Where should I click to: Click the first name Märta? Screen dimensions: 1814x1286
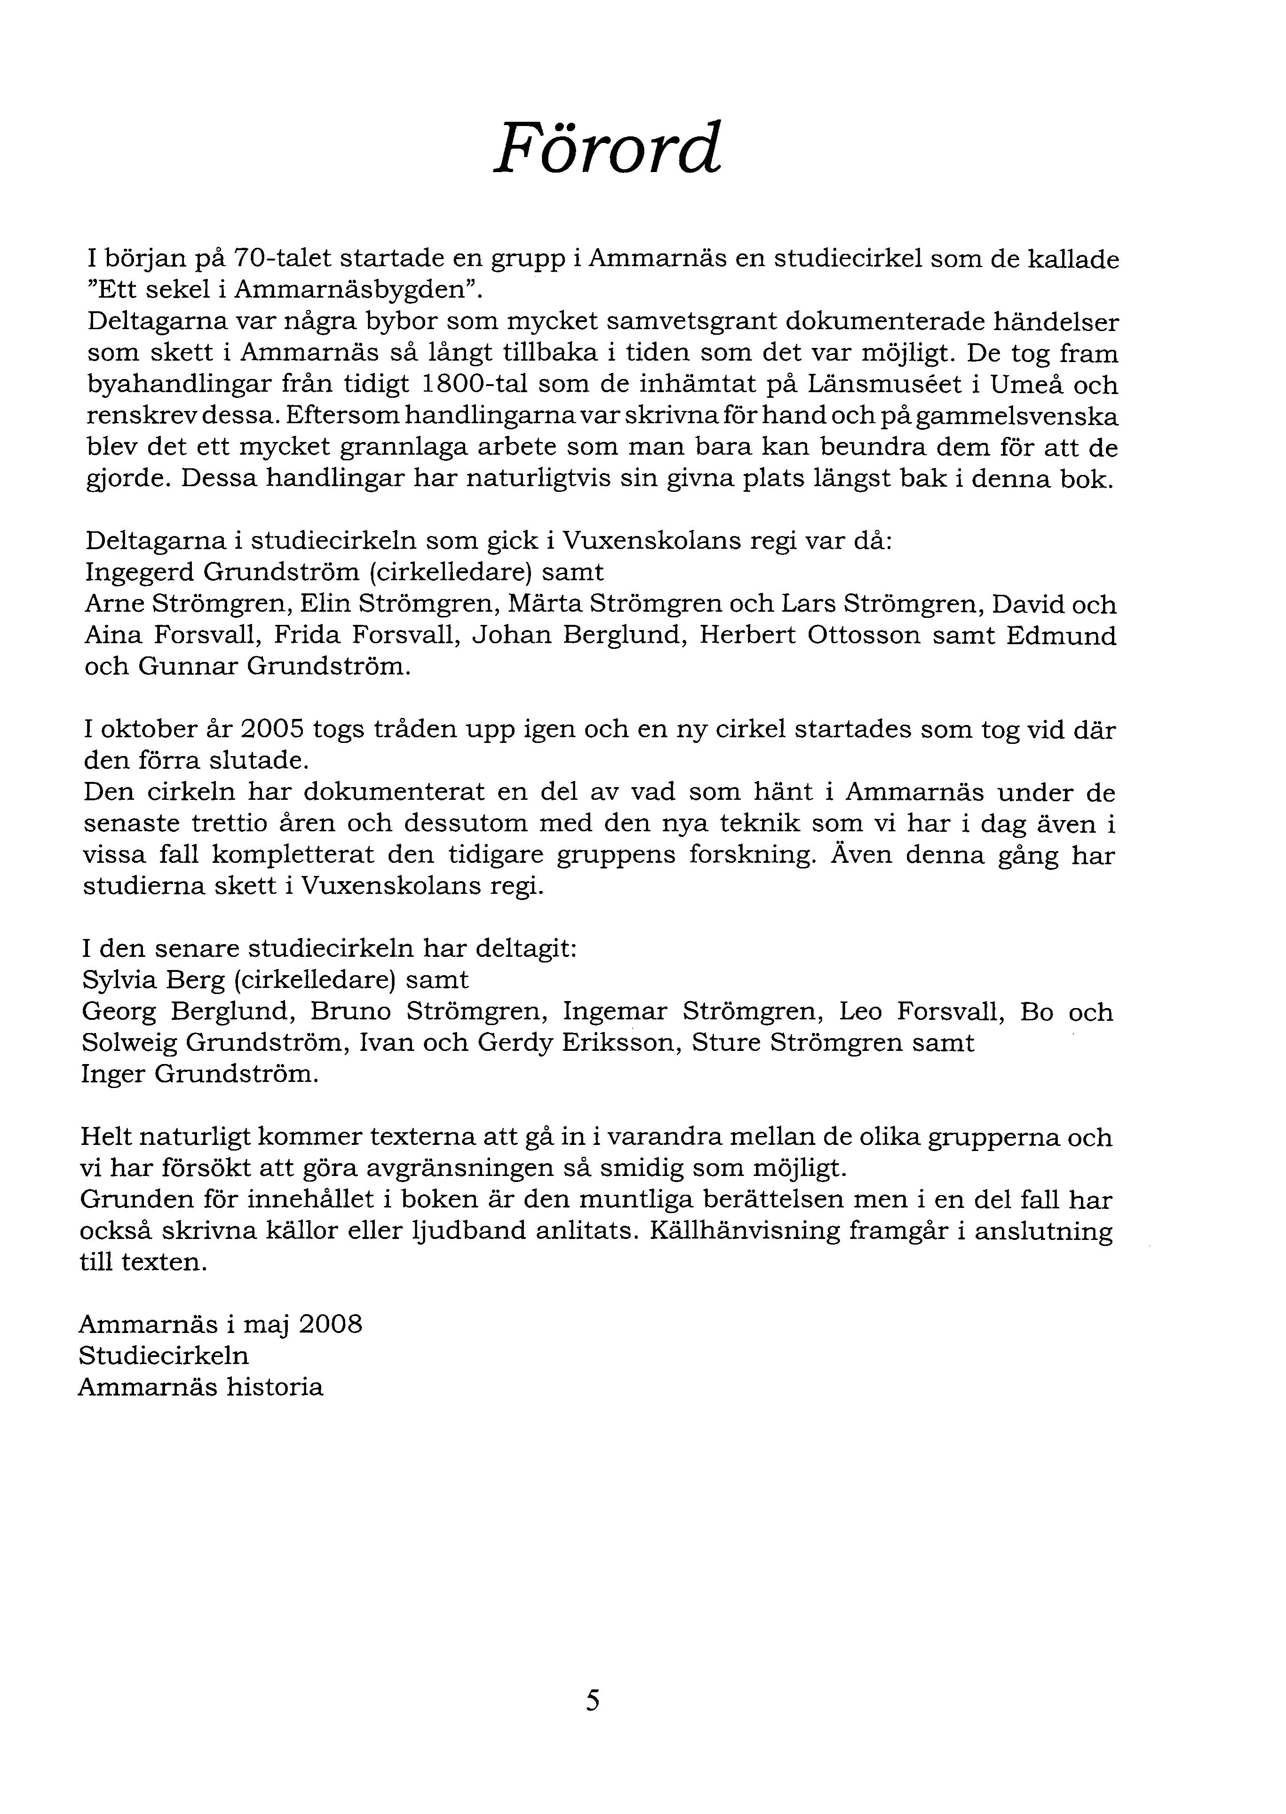point(542,604)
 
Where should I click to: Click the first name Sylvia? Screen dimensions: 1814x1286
point(117,980)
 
